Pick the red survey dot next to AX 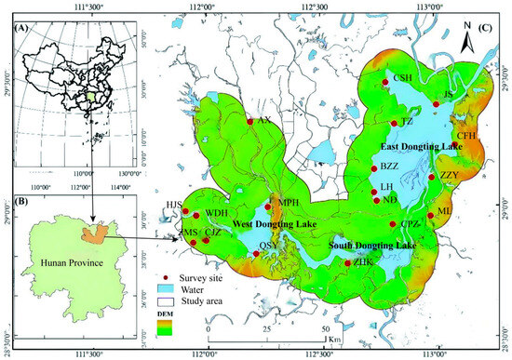249,122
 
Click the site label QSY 268,245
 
